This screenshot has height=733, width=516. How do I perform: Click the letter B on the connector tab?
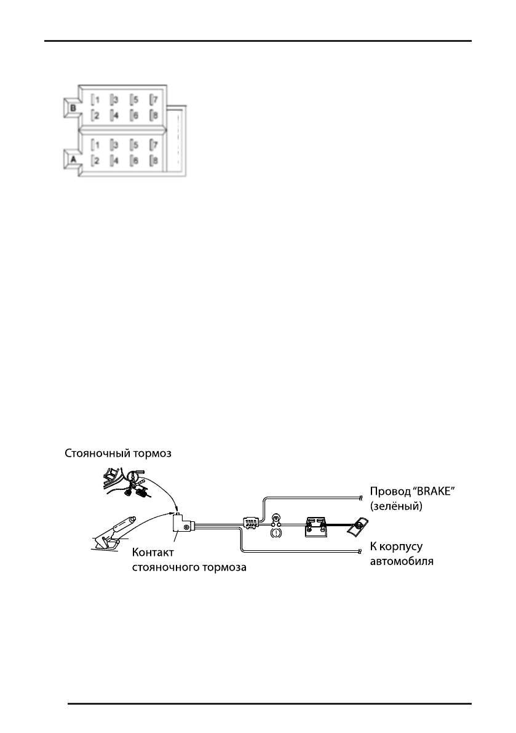(72, 107)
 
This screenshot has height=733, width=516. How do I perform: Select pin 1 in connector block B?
(95, 99)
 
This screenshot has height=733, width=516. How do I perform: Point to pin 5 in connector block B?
(134, 99)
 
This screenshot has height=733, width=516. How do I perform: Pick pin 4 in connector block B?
(115, 115)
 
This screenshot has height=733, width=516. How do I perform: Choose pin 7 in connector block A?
(154, 145)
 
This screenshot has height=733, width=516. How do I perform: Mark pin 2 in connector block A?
(95, 161)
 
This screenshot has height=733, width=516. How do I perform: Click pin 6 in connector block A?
(134, 161)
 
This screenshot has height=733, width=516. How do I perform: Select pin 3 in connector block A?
(115, 145)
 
